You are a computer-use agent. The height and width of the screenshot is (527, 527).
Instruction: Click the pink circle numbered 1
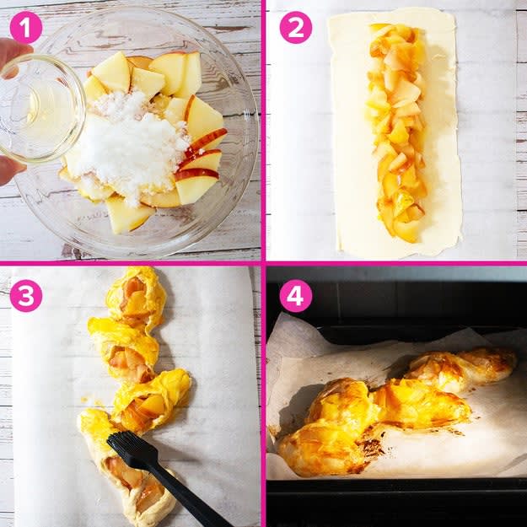coord(26,27)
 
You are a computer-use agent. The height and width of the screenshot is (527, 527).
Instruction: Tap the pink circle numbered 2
coord(296,27)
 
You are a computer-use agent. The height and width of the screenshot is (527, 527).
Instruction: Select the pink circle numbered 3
coord(26,296)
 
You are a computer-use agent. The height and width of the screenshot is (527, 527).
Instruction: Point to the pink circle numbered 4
coord(296,296)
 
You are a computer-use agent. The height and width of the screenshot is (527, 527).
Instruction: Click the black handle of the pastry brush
coord(188,497)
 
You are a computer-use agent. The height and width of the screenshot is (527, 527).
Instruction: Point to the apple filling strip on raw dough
coord(396,131)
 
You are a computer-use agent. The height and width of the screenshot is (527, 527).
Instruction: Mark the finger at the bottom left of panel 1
coord(9,169)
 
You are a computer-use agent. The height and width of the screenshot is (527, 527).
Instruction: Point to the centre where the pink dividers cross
coord(263,263)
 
